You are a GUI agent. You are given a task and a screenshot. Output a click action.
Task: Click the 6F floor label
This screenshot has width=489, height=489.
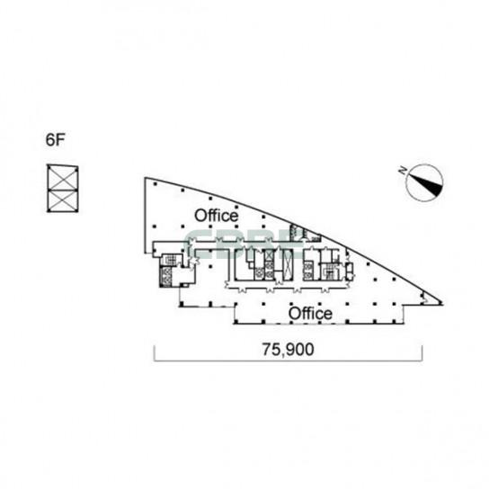[x=55, y=139]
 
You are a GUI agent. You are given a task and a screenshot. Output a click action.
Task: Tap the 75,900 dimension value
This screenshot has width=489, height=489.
[x=288, y=350]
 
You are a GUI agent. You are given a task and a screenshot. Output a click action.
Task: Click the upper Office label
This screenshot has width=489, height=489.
[x=216, y=216]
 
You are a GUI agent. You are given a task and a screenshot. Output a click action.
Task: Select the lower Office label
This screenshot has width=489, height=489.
[x=310, y=314]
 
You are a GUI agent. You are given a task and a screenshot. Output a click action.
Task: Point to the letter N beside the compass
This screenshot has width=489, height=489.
[x=403, y=170]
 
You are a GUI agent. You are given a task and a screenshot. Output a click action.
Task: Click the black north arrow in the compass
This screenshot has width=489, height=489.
[x=427, y=184]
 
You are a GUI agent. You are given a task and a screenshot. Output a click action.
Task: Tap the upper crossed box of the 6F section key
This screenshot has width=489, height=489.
[x=63, y=178]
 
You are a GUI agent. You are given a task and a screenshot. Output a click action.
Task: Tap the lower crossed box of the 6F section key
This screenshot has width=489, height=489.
[x=63, y=201]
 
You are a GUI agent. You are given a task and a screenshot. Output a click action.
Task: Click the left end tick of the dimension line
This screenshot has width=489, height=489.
[x=155, y=353]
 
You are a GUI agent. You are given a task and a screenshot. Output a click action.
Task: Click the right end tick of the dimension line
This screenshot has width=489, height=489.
[x=422, y=353]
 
